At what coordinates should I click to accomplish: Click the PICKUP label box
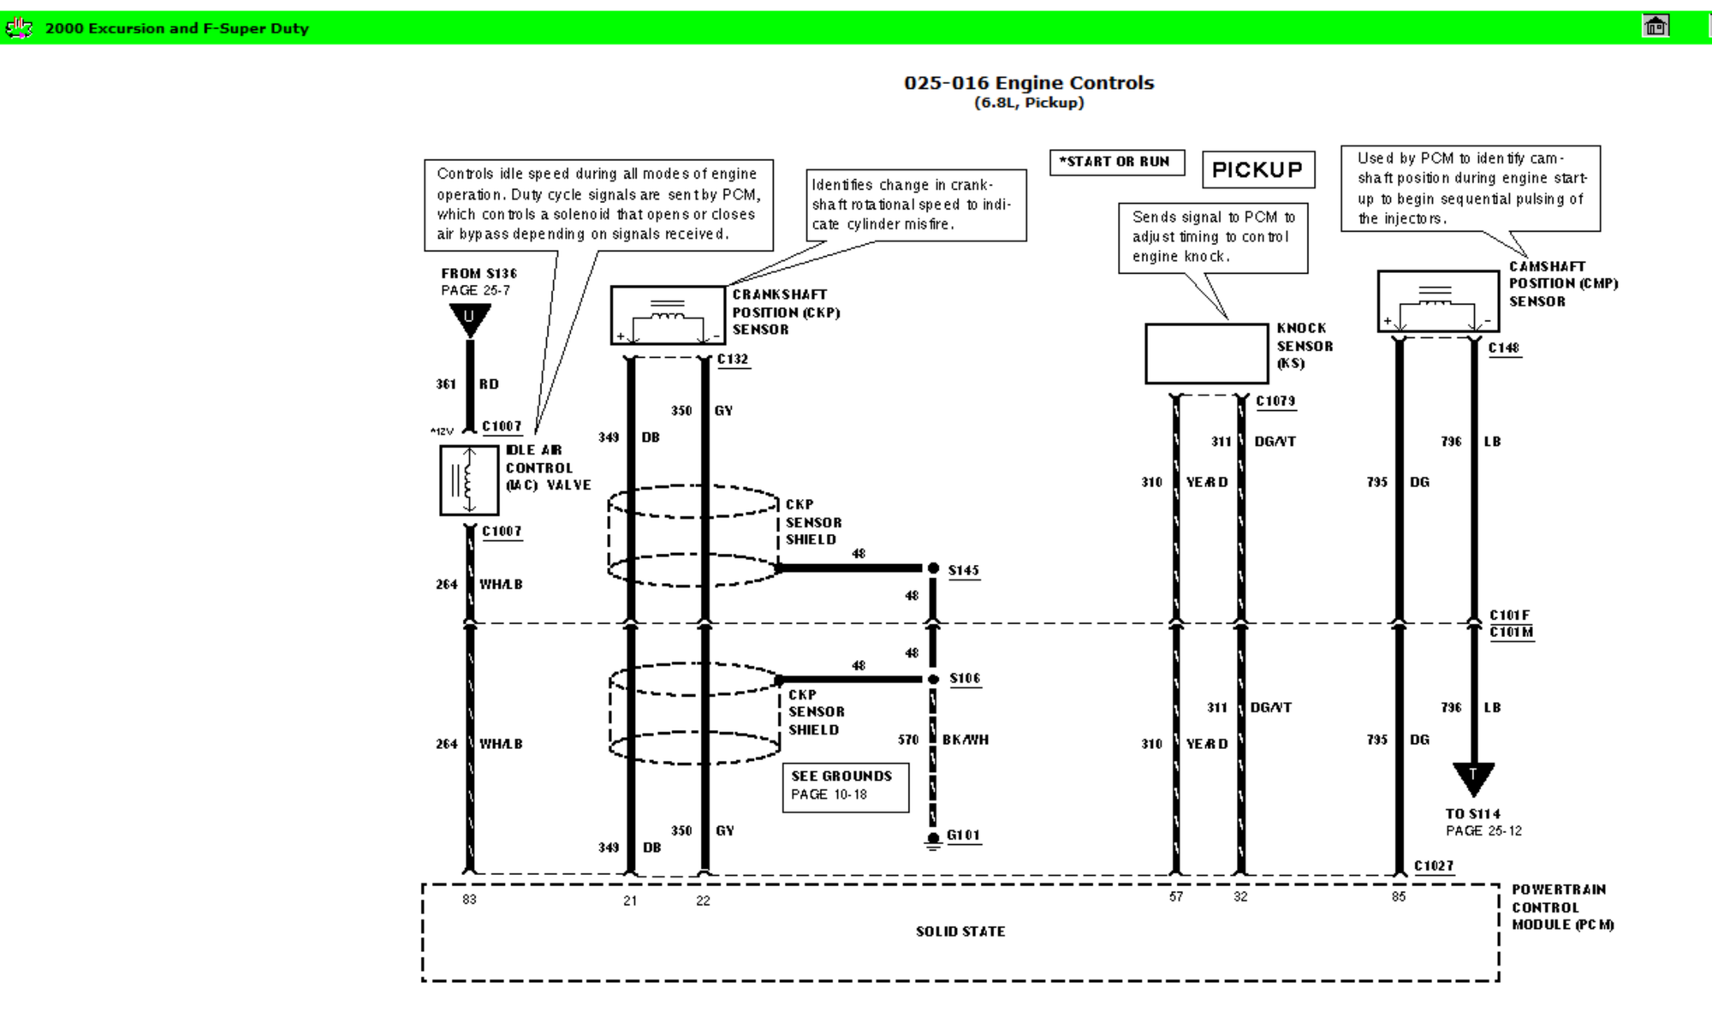tap(1257, 170)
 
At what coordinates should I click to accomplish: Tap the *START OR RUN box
tap(1117, 162)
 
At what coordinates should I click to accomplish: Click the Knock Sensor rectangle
tap(1206, 354)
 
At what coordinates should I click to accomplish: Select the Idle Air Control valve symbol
tap(469, 480)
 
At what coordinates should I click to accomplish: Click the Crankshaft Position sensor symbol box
tap(668, 315)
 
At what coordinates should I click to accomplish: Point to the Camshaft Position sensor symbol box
tap(1438, 301)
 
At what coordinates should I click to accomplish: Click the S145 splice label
tap(963, 570)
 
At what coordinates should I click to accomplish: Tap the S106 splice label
tap(965, 678)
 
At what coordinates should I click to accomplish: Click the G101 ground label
tap(963, 835)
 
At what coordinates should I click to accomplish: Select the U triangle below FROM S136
tap(469, 320)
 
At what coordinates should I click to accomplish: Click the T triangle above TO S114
tap(1473, 777)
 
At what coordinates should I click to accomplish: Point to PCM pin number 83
tap(469, 899)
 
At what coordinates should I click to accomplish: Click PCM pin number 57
tap(1176, 896)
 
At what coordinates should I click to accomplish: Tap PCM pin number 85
tap(1399, 896)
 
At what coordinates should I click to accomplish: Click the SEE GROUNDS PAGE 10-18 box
tap(846, 787)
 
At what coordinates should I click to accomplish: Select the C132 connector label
tap(733, 360)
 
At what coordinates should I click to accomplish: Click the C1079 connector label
tap(1275, 401)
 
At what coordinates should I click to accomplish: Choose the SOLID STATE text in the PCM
tap(960, 931)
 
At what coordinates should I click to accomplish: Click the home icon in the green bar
tap(1656, 26)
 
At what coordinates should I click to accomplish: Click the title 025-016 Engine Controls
tap(1029, 83)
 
